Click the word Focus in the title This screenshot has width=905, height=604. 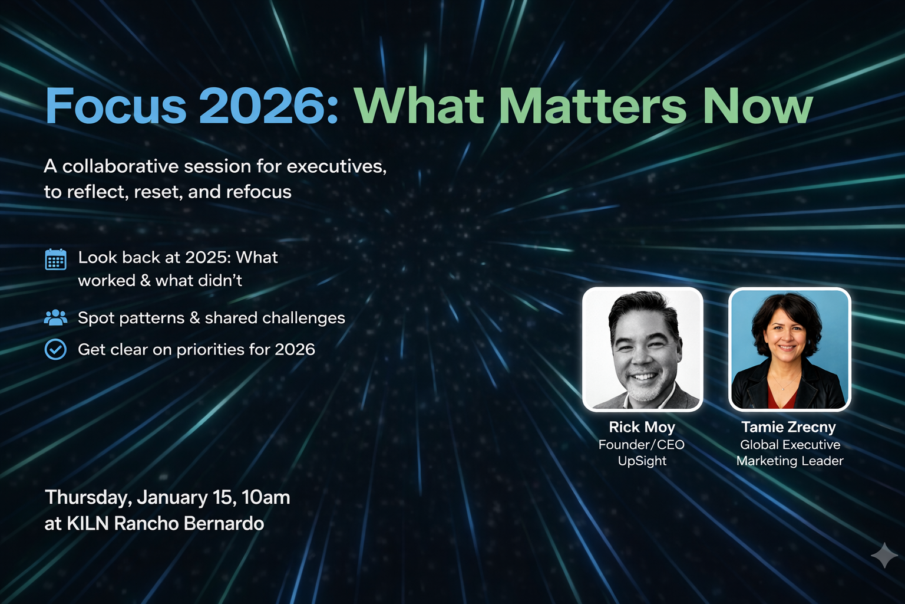116,107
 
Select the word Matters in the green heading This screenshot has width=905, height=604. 593,107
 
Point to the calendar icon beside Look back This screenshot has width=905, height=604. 56,260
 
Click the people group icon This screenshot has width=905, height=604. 56,318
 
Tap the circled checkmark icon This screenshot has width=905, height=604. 56,350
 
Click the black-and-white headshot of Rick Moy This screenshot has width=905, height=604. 642,349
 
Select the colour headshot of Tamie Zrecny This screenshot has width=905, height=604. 789,349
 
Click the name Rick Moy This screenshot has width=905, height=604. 642,427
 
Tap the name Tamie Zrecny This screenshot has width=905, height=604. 788,427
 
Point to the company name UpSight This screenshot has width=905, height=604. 642,461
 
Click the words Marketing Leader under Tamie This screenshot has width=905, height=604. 790,461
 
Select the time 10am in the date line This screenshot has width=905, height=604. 266,497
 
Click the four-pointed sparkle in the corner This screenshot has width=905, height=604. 884,555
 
